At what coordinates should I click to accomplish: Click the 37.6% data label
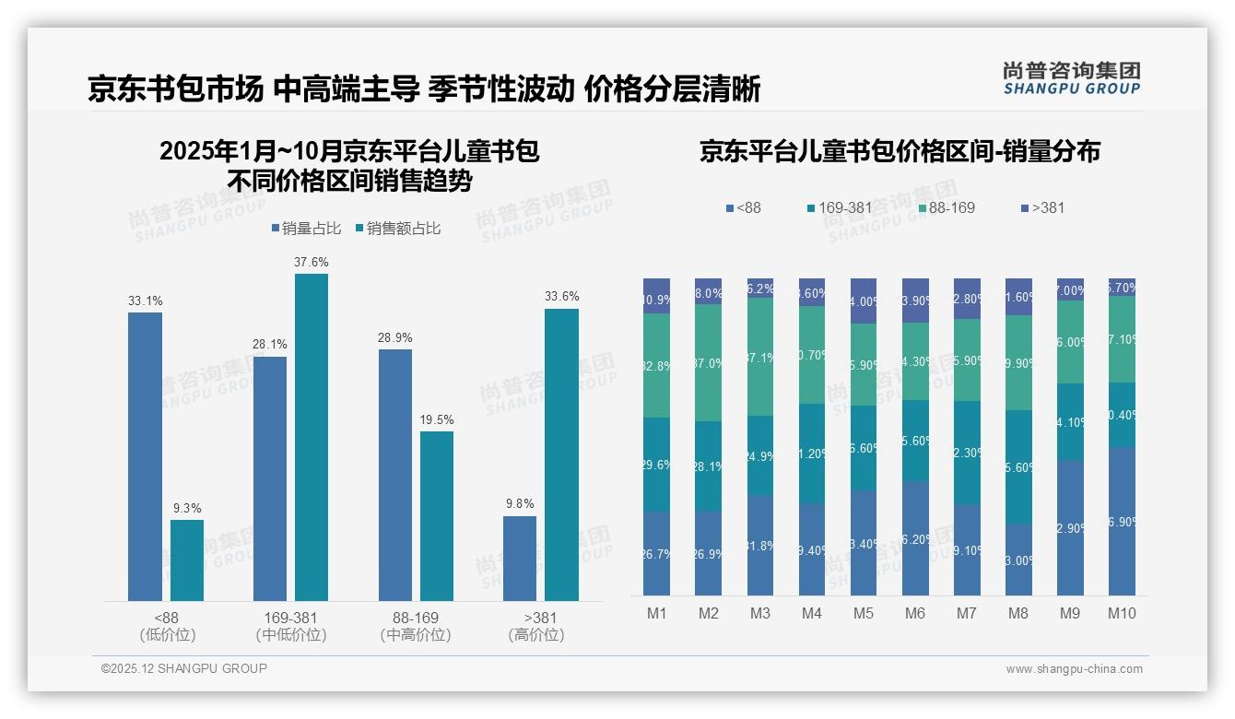[x=312, y=263]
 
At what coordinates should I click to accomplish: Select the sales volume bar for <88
[x=145, y=456]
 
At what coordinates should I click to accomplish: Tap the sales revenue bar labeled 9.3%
[x=187, y=560]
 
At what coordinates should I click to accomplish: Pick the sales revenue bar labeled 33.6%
[x=561, y=454]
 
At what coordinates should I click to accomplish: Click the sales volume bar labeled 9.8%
[x=520, y=559]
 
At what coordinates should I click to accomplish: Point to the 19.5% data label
[x=437, y=420]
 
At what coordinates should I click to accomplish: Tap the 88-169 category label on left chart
[x=416, y=618]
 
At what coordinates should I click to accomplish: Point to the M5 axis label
[x=863, y=614]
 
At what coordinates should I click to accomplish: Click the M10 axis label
[x=1122, y=614]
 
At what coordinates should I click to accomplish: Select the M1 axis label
[x=657, y=614]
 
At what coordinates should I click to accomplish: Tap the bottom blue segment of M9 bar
[x=1070, y=527]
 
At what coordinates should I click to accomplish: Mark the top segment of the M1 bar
[x=657, y=296]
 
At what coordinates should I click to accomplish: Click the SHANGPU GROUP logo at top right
[x=1071, y=78]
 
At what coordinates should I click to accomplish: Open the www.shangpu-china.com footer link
[x=1074, y=669]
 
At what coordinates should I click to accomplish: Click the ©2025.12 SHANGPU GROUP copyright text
[x=184, y=669]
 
